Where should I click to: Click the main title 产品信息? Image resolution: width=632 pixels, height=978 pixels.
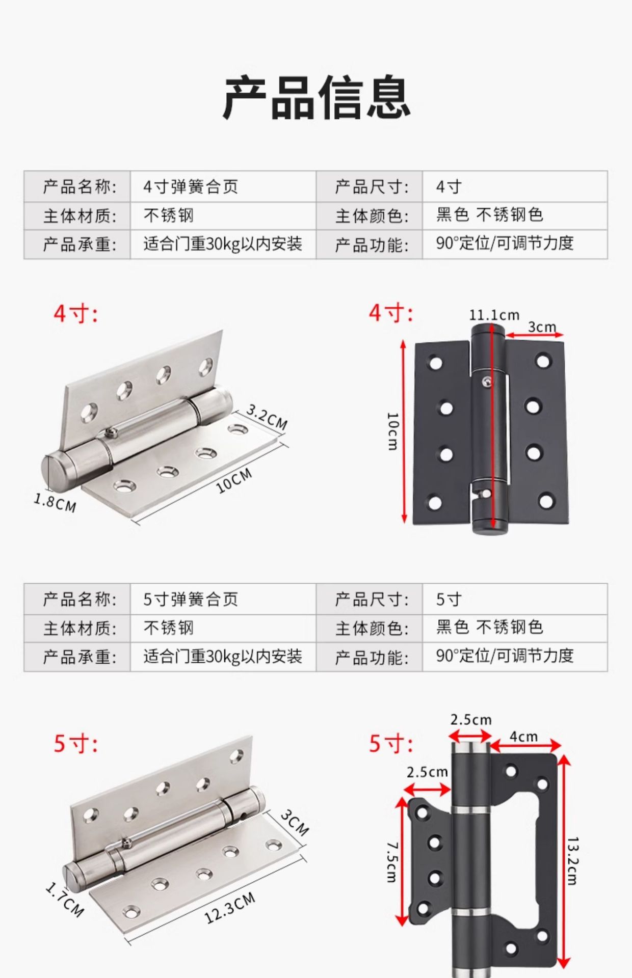[316, 97]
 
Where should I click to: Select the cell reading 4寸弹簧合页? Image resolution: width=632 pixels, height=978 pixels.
[191, 186]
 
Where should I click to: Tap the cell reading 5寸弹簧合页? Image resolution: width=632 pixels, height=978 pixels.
[191, 599]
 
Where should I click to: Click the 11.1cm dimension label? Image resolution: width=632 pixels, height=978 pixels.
[494, 315]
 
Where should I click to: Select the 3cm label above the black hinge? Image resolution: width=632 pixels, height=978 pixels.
[541, 327]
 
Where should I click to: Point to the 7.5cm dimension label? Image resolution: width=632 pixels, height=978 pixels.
[392, 861]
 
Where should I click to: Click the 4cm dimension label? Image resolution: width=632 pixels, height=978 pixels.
[524, 737]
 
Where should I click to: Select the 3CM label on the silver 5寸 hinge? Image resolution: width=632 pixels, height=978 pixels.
[295, 823]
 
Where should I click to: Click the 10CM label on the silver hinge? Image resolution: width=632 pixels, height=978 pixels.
[234, 481]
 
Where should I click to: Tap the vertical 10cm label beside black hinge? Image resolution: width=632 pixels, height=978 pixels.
[392, 431]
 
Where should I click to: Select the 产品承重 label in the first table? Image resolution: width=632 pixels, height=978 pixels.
[80, 244]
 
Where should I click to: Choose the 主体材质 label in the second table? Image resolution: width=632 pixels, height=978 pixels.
[80, 628]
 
